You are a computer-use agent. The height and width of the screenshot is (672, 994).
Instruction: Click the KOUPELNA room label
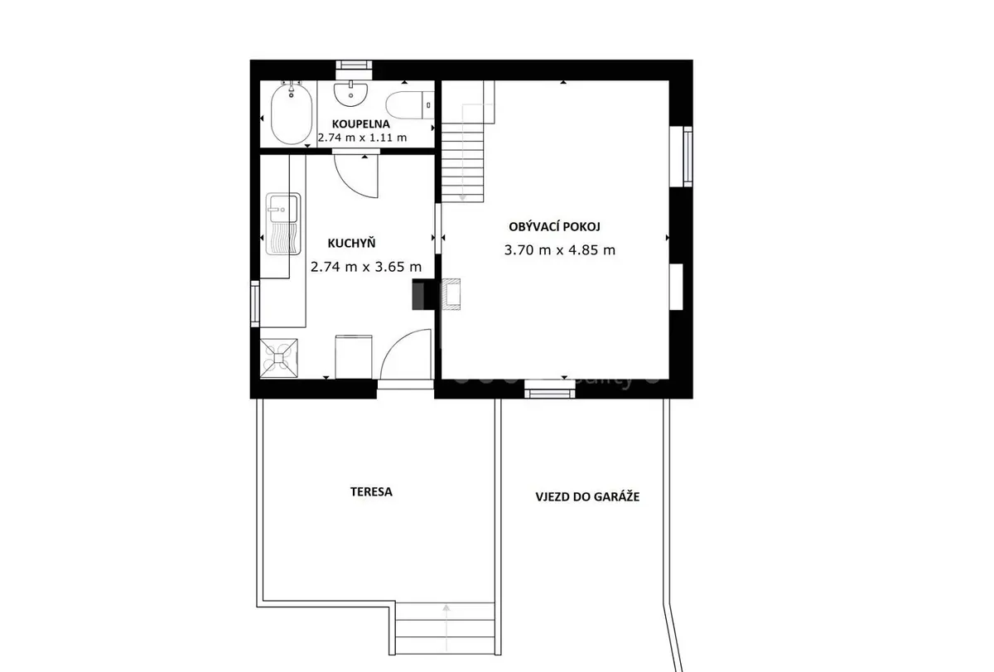361,124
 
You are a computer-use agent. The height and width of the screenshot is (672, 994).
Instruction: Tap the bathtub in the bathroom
291,114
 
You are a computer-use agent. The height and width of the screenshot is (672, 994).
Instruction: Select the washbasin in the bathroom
350,94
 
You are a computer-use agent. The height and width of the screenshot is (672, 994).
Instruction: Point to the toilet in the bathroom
409,105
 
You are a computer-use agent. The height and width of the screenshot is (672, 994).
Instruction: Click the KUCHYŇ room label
351,243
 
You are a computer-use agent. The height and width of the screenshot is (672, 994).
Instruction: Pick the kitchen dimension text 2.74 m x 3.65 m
366,267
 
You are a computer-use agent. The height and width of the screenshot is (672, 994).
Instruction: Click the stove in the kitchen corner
278,358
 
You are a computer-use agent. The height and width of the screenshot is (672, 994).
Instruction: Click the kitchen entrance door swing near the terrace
406,354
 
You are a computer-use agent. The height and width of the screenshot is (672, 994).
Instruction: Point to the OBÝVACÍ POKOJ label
554,226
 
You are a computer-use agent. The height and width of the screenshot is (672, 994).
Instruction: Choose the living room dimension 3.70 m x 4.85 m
560,250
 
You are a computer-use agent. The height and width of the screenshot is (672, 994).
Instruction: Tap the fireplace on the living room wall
450,294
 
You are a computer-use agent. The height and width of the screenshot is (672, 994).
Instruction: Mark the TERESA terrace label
371,492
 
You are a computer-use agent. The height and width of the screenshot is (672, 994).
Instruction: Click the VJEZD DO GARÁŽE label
587,496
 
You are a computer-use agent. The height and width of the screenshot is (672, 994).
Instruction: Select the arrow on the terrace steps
446,627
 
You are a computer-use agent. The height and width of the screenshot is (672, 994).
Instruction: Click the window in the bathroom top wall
354,65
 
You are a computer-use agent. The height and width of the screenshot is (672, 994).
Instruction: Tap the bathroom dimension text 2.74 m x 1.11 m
362,138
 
